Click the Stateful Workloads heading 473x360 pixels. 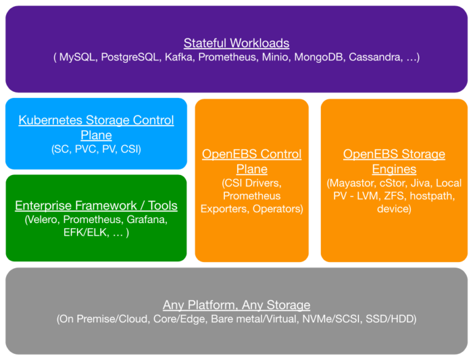(x=236, y=43)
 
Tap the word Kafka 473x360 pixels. (x=179, y=57)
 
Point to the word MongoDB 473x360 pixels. (x=318, y=57)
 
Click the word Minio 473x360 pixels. (x=275, y=57)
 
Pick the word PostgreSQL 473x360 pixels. (x=130, y=57)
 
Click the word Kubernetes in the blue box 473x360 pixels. (x=51, y=120)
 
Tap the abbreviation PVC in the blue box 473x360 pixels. (x=86, y=149)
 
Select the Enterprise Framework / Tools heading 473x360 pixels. (x=96, y=206)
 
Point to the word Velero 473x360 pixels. (x=42, y=219)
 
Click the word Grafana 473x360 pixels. (x=147, y=219)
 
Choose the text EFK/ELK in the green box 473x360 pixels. (x=85, y=232)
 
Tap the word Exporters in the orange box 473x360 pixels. (x=225, y=209)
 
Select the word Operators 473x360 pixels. (x=277, y=209)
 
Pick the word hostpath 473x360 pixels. (x=432, y=196)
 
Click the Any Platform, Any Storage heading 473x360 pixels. (x=236, y=305)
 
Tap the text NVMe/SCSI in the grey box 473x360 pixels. (x=331, y=319)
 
